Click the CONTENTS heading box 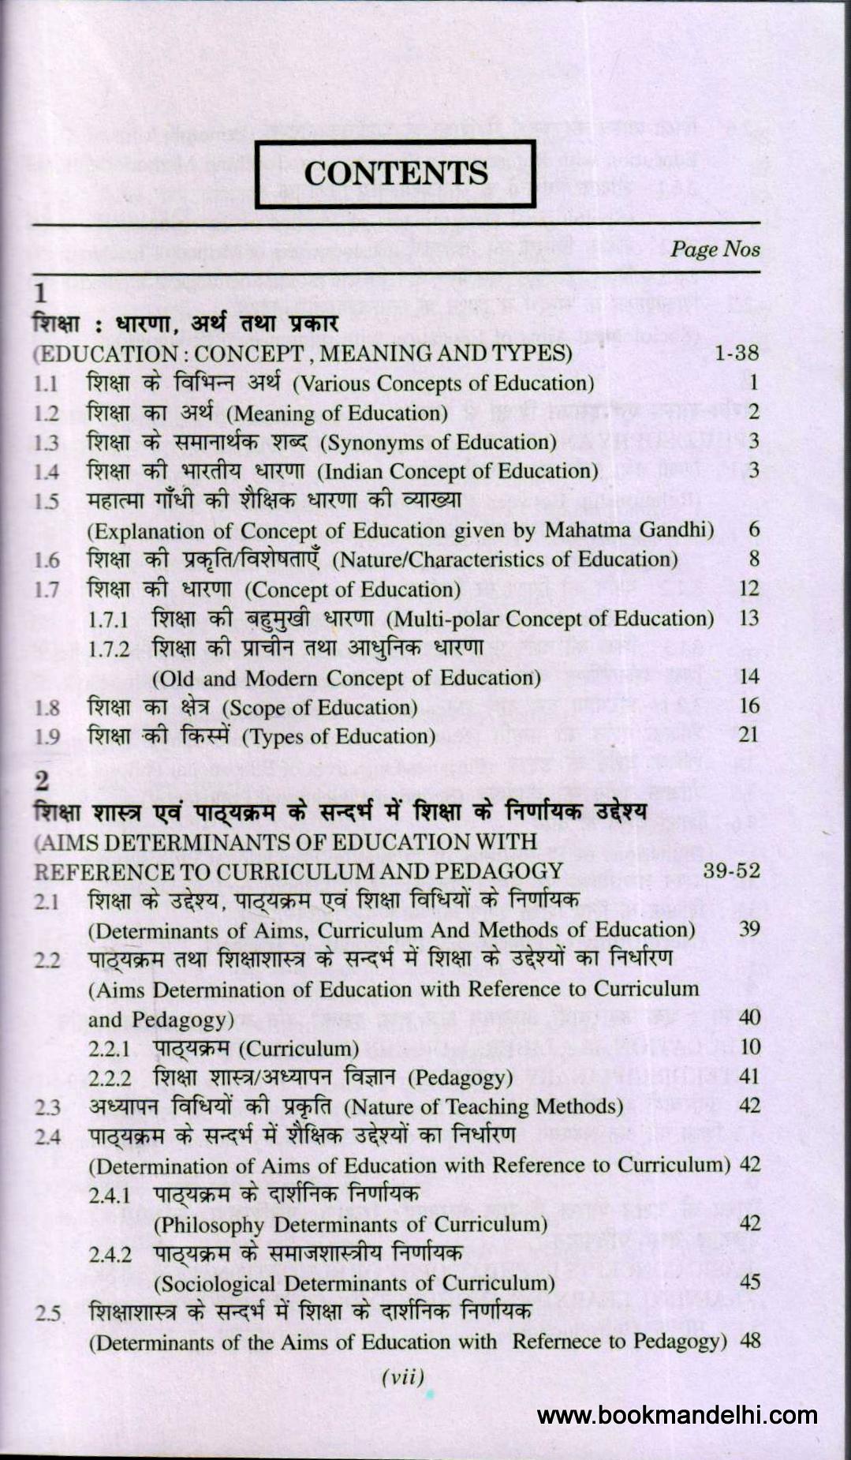396,174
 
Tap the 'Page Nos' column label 715,249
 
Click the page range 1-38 736,353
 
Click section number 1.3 47,443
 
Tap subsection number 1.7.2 109,650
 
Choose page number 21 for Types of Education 748,735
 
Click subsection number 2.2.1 109,1050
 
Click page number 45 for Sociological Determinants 749,1282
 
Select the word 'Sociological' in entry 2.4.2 217,1283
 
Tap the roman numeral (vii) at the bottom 403,1378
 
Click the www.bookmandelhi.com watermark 676,1415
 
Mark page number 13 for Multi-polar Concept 748,618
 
